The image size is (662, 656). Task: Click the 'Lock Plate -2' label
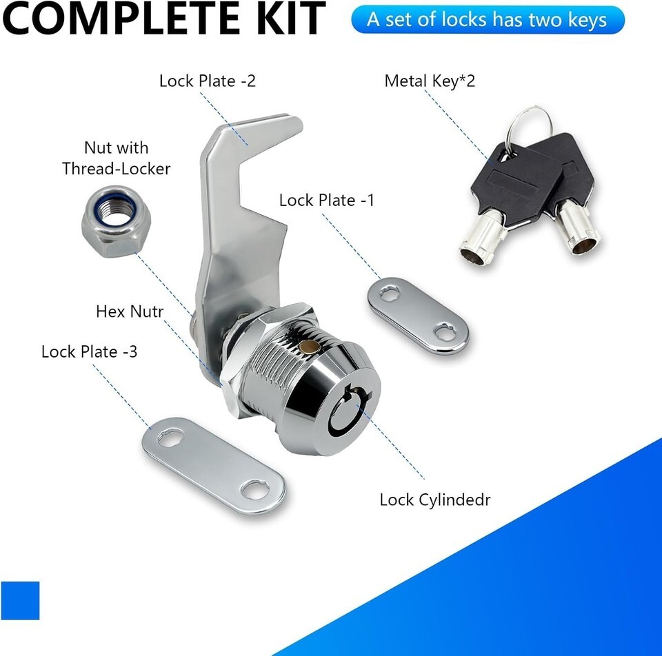208,81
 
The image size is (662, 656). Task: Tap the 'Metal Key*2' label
430,81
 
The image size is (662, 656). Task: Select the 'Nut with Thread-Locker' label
116,158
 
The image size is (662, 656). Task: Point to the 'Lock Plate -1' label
327,200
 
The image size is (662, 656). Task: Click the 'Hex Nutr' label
130,311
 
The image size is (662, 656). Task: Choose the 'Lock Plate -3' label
89,352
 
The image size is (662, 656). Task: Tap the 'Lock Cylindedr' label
435,500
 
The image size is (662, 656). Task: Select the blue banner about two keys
488,20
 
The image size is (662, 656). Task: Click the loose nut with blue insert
116,221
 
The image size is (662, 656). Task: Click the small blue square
20,600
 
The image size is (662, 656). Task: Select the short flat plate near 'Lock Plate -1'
418,314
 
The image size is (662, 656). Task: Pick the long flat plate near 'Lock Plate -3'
214,466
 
